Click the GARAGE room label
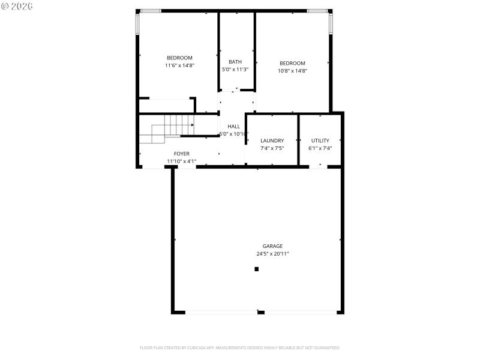tap(272, 246)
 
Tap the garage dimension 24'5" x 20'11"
tap(272, 254)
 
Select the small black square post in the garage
tap(256, 269)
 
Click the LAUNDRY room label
tap(272, 141)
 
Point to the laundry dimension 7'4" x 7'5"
tap(272, 148)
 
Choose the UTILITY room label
tap(320, 141)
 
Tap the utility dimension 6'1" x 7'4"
tap(320, 148)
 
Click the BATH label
tap(235, 62)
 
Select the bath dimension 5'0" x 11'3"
tap(235, 70)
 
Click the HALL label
tap(233, 127)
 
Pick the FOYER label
tap(182, 154)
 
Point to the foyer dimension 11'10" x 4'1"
tap(182, 161)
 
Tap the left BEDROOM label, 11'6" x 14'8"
tap(179, 58)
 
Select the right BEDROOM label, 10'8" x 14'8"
tap(292, 63)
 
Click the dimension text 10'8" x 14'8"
tap(292, 71)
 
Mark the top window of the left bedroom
tap(150, 11)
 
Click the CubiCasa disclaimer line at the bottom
tap(240, 347)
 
